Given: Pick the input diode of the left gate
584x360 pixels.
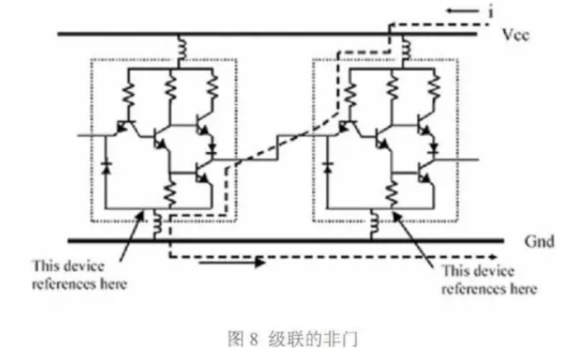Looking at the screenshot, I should click(106, 164).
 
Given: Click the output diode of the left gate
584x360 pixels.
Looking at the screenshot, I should click(214, 152).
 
